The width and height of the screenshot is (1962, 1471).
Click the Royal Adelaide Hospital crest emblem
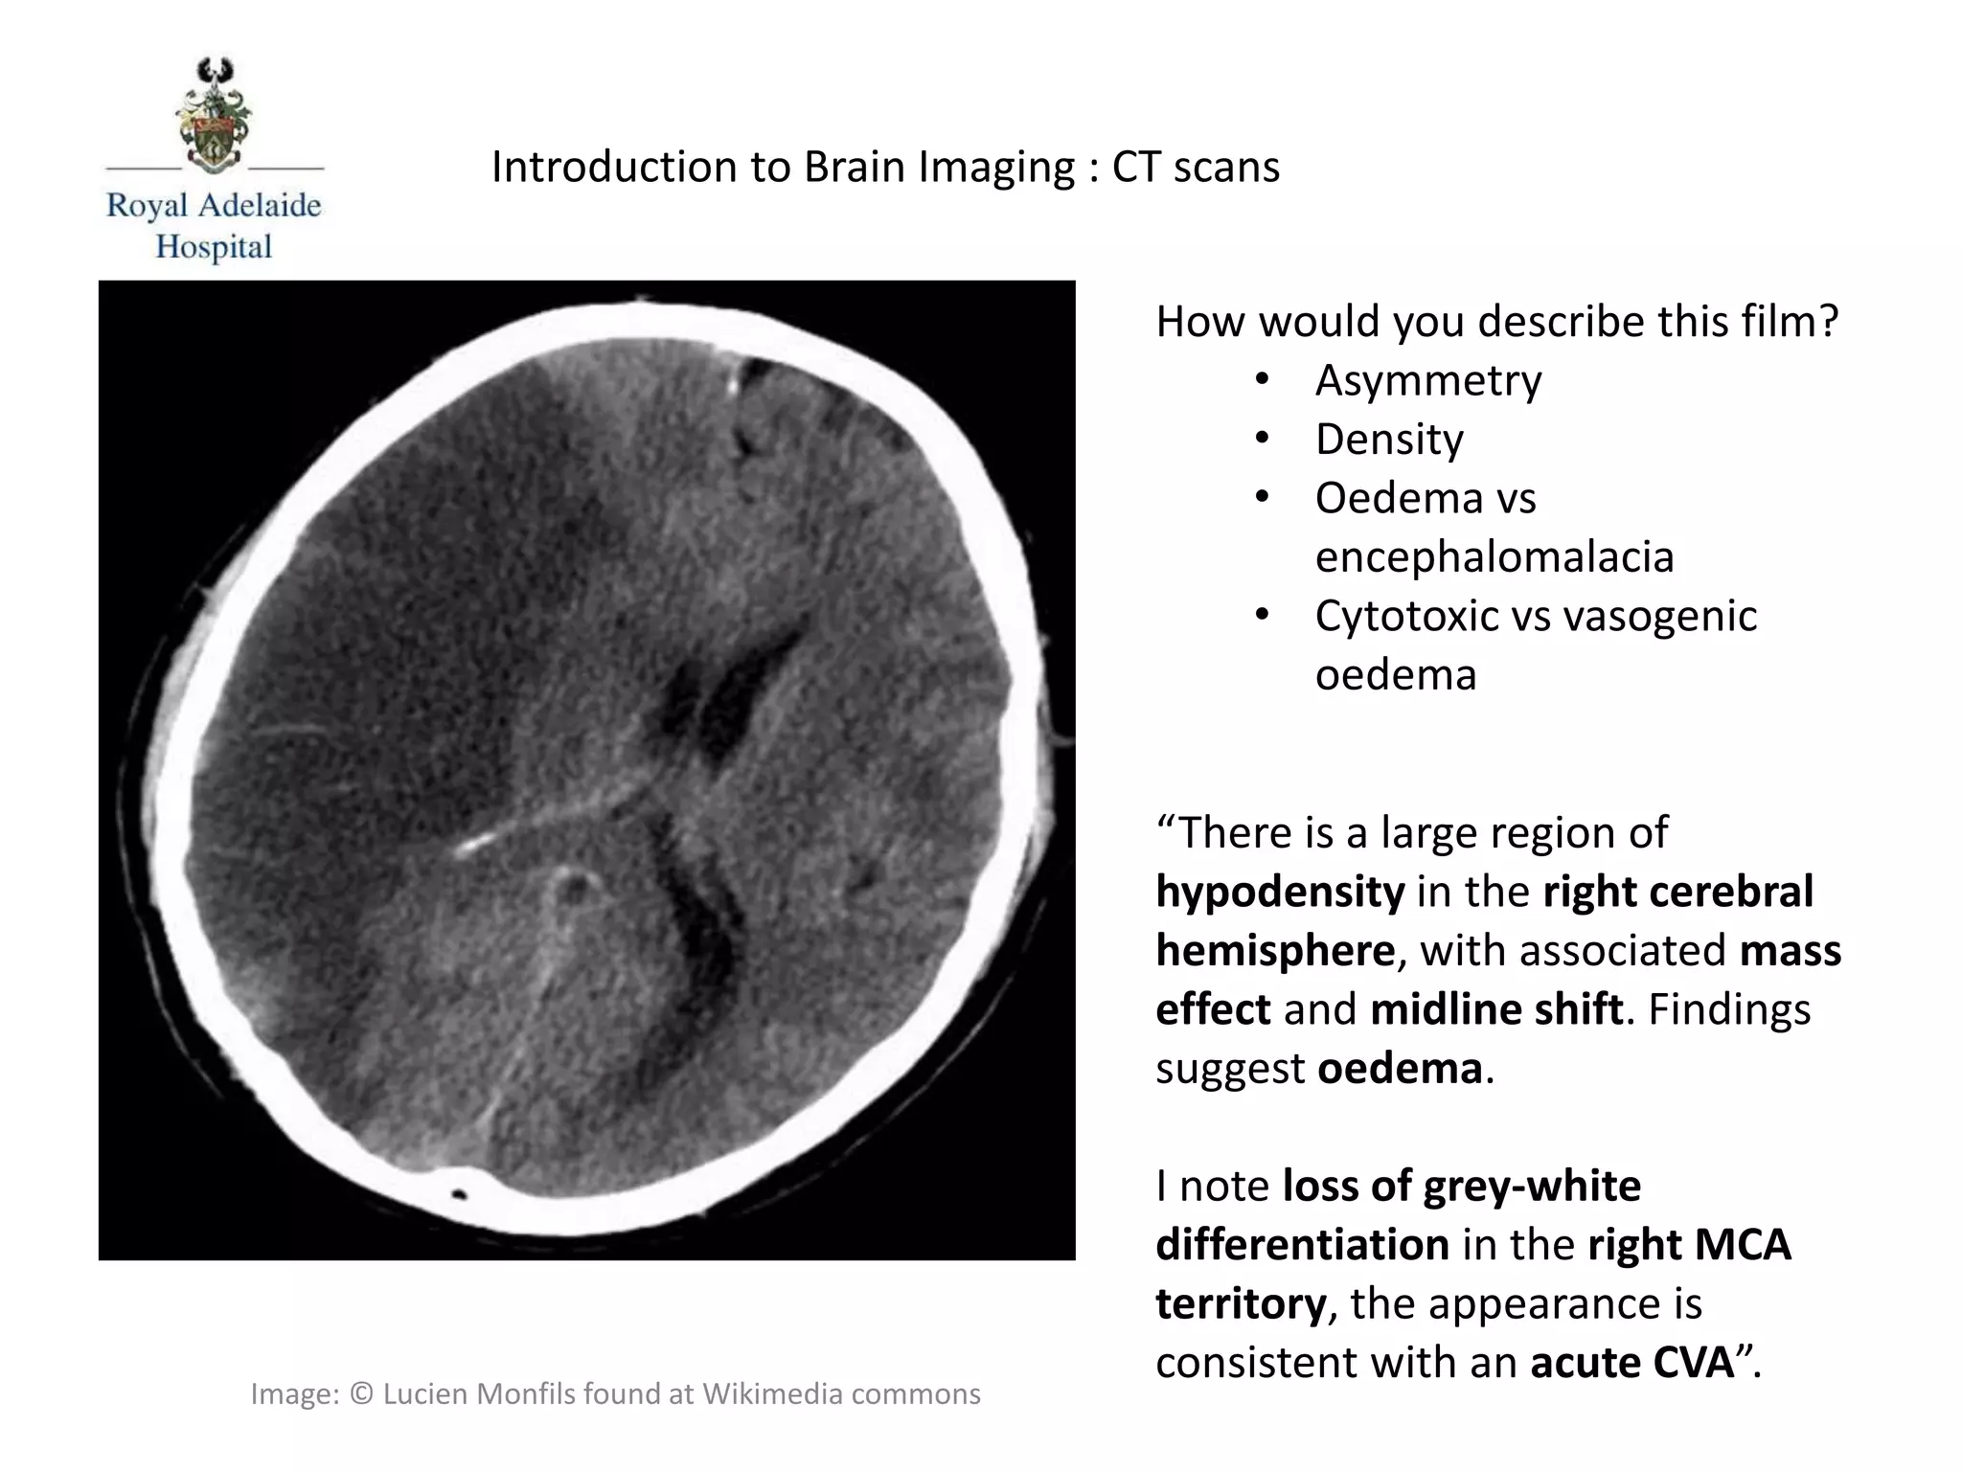point(214,115)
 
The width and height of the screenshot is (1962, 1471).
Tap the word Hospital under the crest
point(214,247)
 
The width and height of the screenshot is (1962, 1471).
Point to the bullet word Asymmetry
point(1427,380)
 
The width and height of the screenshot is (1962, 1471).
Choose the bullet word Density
point(1389,440)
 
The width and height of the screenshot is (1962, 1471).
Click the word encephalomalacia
point(1494,556)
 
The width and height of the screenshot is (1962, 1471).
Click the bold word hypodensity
point(1280,892)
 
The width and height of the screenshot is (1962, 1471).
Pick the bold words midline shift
point(1496,1009)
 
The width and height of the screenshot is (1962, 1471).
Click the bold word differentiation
point(1302,1245)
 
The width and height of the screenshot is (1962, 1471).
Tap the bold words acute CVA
point(1632,1363)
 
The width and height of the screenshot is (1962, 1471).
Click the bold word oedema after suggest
point(1400,1069)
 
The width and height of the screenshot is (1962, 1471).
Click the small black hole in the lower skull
point(458,1194)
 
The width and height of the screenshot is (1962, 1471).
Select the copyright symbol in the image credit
point(360,1394)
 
